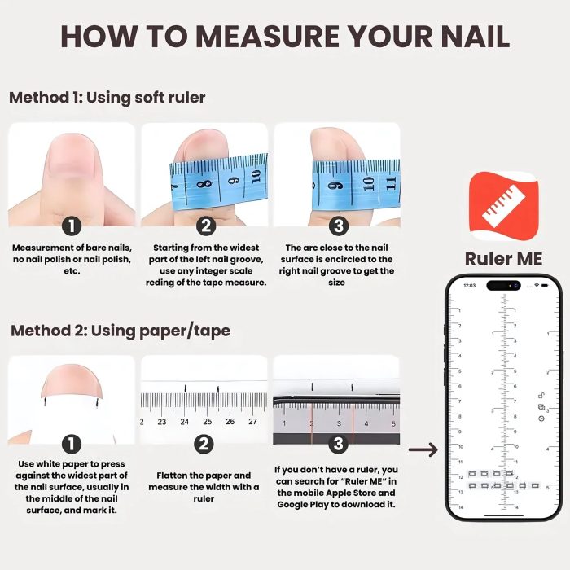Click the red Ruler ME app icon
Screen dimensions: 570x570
pyautogui.click(x=503, y=206)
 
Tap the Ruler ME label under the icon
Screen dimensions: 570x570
pyautogui.click(x=503, y=259)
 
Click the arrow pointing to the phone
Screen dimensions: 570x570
pyautogui.click(x=423, y=449)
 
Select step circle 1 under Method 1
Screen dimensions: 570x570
pyautogui.click(x=72, y=226)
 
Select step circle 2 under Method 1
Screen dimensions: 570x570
pyautogui.click(x=206, y=226)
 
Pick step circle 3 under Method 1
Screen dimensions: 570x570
pyautogui.click(x=339, y=226)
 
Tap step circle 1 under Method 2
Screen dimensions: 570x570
pyautogui.click(x=72, y=444)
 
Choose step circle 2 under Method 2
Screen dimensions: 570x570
pyautogui.click(x=204, y=444)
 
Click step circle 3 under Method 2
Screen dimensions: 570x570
pyautogui.click(x=338, y=444)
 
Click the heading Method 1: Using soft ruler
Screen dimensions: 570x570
pyautogui.click(x=107, y=98)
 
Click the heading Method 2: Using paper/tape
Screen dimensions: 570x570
pyautogui.click(x=121, y=331)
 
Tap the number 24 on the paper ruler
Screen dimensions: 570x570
pyautogui.click(x=185, y=422)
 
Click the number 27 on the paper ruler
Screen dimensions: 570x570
pyautogui.click(x=252, y=421)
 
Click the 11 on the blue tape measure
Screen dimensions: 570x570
pyautogui.click(x=390, y=183)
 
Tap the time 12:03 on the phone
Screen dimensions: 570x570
pyautogui.click(x=470, y=286)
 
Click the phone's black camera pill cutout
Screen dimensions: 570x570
pyautogui.click(x=503, y=285)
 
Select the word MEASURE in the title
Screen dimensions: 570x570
pyautogui.click(x=268, y=37)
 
